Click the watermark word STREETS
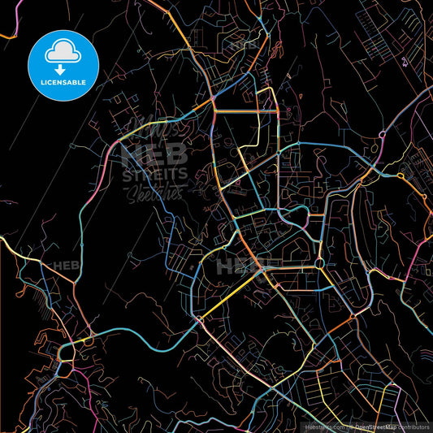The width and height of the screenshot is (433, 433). coord(154,173)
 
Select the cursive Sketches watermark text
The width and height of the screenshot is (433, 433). coord(154,192)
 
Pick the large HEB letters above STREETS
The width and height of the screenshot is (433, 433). coord(154,154)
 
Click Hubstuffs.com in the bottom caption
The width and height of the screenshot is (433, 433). coord(323,427)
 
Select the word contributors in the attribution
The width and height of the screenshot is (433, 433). coord(414,427)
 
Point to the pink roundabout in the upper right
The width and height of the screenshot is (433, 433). coord(400,175)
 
